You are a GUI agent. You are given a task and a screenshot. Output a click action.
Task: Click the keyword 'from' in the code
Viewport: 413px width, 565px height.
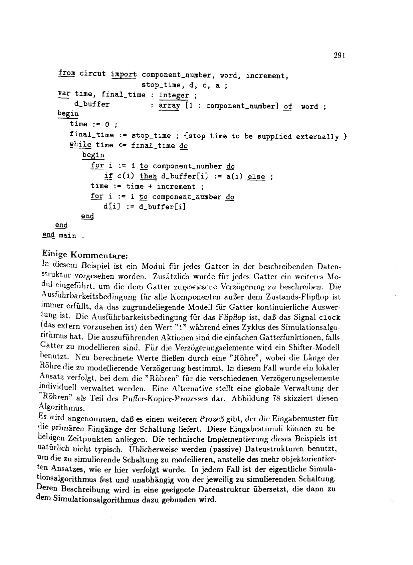click(66, 73)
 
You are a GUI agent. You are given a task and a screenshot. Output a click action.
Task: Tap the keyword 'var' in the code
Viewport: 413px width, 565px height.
click(62, 94)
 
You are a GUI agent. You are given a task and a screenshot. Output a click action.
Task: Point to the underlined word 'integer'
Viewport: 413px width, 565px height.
click(174, 95)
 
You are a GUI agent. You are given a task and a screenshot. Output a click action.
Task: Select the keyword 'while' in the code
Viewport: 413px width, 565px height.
click(80, 145)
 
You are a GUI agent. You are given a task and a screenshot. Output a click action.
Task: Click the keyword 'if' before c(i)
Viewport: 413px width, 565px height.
click(108, 176)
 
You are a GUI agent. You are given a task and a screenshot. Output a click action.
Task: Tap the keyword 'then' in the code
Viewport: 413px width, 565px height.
click(148, 176)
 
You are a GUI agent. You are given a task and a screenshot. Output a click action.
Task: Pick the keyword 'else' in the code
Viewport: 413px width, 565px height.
click(256, 177)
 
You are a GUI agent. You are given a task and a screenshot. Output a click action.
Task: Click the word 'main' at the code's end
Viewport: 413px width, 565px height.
click(67, 236)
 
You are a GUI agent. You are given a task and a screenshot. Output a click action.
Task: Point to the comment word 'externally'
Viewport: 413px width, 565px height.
click(318, 137)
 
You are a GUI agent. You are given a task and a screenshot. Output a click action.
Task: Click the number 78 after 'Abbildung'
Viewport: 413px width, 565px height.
click(276, 398)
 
